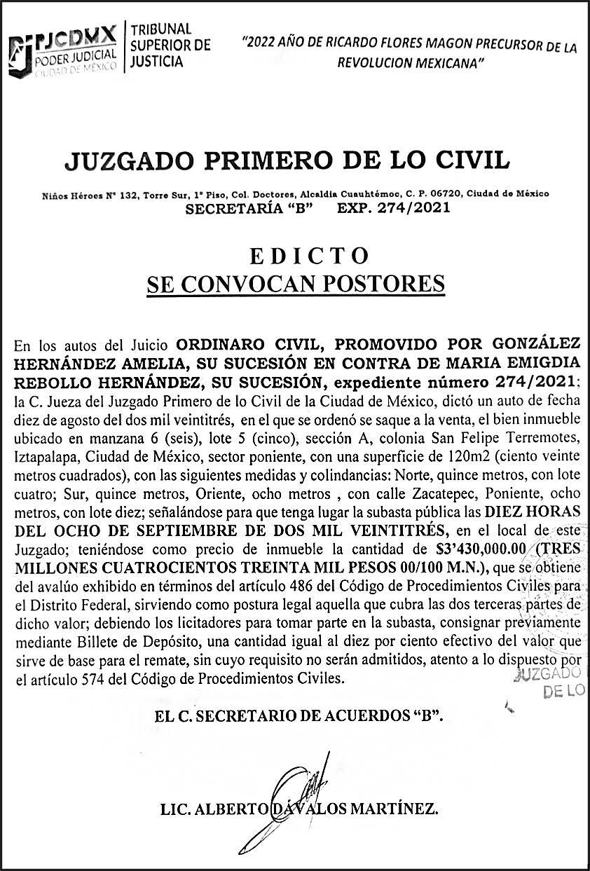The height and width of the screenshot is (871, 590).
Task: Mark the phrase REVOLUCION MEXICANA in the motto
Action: (411, 62)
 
